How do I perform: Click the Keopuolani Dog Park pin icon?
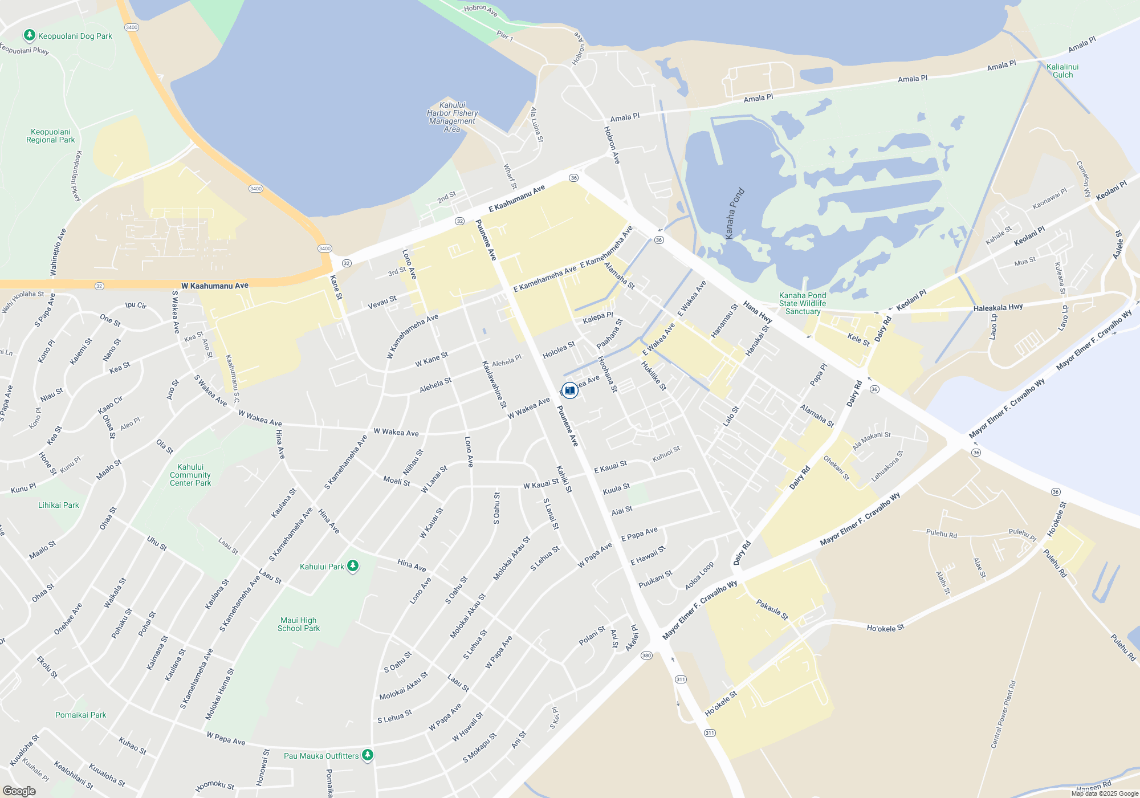click(x=30, y=36)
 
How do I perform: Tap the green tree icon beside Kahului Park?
click(x=353, y=566)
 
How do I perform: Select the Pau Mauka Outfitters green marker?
click(x=368, y=755)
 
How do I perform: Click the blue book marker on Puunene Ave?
click(x=569, y=390)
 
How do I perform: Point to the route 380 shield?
click(x=646, y=655)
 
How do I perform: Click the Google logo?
click(x=19, y=791)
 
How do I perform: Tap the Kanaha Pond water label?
click(x=735, y=213)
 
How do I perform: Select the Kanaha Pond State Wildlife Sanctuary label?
click(x=803, y=303)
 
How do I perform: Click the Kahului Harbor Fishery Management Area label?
click(x=453, y=117)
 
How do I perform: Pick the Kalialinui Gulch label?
click(x=1062, y=71)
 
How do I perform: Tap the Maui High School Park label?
click(x=299, y=624)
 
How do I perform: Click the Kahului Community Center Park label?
click(x=190, y=475)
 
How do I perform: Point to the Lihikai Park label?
click(x=59, y=505)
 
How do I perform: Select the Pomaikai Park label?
click(x=81, y=715)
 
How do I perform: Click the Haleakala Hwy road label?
click(x=998, y=307)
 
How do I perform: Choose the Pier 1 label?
click(x=505, y=36)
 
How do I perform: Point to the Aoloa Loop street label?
click(x=699, y=576)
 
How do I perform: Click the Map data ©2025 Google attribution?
click(x=1105, y=793)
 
